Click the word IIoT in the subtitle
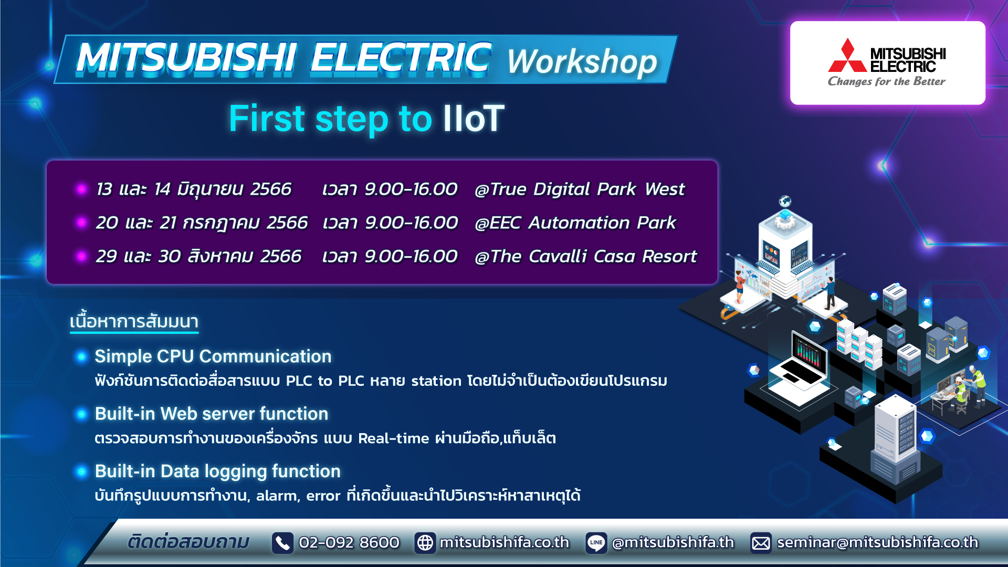pyautogui.click(x=474, y=118)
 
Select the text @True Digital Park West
pyautogui.click(x=580, y=189)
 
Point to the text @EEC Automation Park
pyautogui.click(x=575, y=223)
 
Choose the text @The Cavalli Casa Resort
pyautogui.click(x=585, y=256)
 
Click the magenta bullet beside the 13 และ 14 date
pyautogui.click(x=81, y=189)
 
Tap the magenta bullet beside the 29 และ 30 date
pyautogui.click(x=81, y=256)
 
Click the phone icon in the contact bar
pyautogui.click(x=282, y=543)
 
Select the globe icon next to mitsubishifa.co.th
pyautogui.click(x=425, y=543)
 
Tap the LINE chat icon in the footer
pyautogui.click(x=596, y=543)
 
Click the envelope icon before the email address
pyautogui.click(x=761, y=543)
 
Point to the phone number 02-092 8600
pyautogui.click(x=349, y=542)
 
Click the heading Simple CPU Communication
pyautogui.click(x=213, y=356)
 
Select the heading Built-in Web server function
pyautogui.click(x=212, y=414)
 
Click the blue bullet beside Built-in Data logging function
pyautogui.click(x=81, y=472)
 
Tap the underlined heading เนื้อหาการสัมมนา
pyautogui.click(x=134, y=321)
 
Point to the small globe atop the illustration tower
pyautogui.click(x=785, y=201)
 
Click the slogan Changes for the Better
pyautogui.click(x=887, y=81)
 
